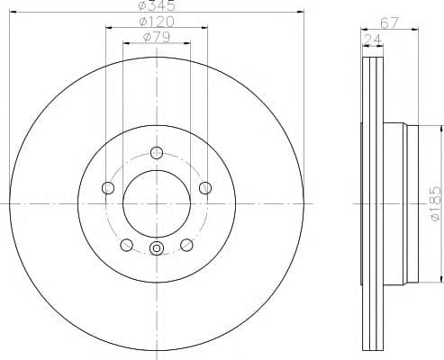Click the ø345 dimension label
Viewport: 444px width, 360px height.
[156, 5]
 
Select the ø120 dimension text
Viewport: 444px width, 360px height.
[156, 22]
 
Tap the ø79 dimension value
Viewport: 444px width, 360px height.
[156, 38]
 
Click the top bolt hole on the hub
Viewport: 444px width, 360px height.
[156, 151]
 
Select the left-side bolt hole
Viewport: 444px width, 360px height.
[108, 187]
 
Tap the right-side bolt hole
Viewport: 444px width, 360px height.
[204, 187]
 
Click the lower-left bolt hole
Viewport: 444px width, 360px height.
[126, 244]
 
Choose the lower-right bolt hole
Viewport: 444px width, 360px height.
[186, 244]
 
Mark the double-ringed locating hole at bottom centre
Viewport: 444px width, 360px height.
[156, 250]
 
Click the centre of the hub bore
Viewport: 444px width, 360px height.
[156, 203]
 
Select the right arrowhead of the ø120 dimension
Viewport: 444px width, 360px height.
[206, 29]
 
